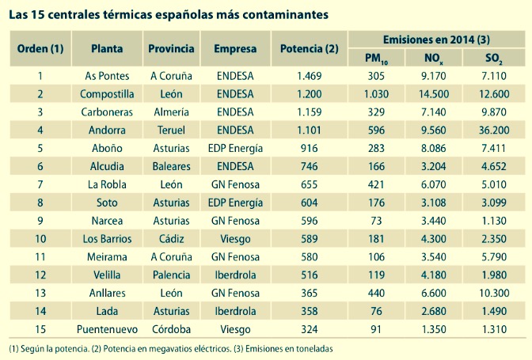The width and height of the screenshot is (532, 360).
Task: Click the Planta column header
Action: coord(107,48)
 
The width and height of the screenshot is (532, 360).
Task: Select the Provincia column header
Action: coord(171,48)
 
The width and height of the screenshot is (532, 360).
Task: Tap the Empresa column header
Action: coord(235,48)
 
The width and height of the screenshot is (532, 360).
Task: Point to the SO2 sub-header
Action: coord(494,59)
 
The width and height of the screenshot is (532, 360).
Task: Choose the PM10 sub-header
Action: coord(375,59)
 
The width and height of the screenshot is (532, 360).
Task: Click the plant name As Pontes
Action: coord(107,76)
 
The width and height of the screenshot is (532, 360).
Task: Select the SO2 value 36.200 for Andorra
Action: coord(494,130)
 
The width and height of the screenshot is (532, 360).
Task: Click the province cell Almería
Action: coord(171,112)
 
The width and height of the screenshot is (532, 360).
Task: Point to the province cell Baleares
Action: coord(171,166)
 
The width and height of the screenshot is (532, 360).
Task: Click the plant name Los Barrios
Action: coord(107,238)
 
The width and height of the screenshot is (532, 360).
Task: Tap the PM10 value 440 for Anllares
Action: coord(375,292)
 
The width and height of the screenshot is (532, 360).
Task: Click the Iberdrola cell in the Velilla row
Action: coord(235,274)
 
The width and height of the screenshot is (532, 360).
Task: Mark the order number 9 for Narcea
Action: coord(40,220)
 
